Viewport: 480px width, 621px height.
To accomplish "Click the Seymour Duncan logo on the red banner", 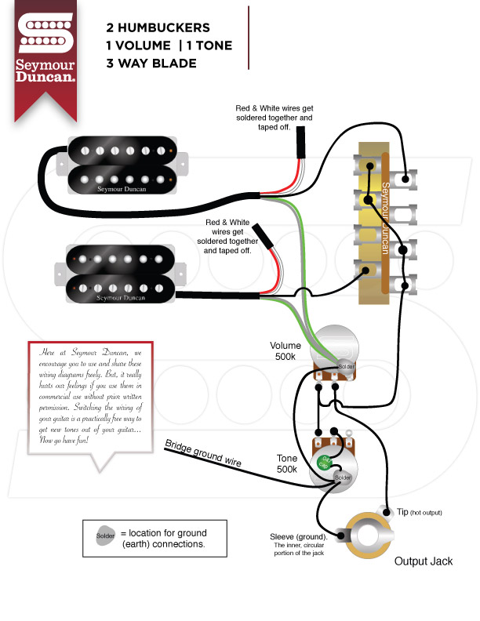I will (46, 47).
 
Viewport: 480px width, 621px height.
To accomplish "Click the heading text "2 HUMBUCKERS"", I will (159, 26).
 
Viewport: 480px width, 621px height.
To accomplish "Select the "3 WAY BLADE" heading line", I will (151, 63).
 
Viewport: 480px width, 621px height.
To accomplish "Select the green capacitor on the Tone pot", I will (322, 462).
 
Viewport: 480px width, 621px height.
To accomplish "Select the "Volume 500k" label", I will (285, 351).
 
